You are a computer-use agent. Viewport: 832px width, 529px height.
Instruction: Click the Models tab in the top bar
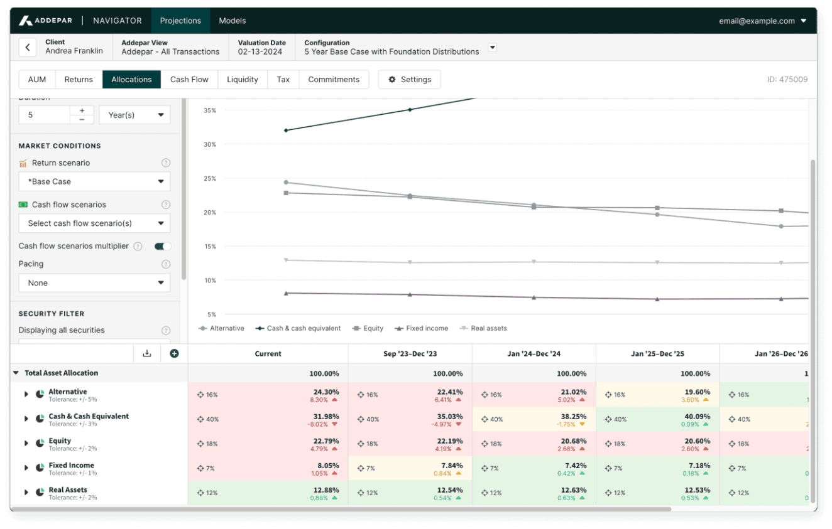(232, 21)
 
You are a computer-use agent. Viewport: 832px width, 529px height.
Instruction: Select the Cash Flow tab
(189, 80)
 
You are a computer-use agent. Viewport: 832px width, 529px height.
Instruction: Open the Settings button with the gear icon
(409, 80)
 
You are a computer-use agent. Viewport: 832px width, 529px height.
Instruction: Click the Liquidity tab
(243, 80)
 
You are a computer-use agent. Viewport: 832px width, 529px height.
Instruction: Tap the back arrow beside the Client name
(27, 47)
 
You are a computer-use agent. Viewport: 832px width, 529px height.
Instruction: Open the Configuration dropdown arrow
(493, 48)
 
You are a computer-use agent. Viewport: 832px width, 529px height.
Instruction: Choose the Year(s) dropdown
(134, 115)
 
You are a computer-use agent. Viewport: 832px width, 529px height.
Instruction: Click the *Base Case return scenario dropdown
(94, 182)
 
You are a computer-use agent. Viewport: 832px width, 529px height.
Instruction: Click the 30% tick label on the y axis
(209, 144)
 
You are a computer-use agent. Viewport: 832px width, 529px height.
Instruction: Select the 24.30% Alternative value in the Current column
(326, 392)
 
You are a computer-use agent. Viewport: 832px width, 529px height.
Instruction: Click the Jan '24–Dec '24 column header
(534, 354)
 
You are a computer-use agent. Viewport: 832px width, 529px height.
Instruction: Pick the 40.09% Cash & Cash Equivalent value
(698, 416)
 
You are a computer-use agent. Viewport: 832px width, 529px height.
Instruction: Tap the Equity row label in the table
(60, 441)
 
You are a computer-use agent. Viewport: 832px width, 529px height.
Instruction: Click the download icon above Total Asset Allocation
(147, 353)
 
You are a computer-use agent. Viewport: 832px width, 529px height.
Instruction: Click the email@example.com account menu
(762, 21)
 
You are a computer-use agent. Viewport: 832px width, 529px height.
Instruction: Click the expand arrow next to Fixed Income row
(26, 468)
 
